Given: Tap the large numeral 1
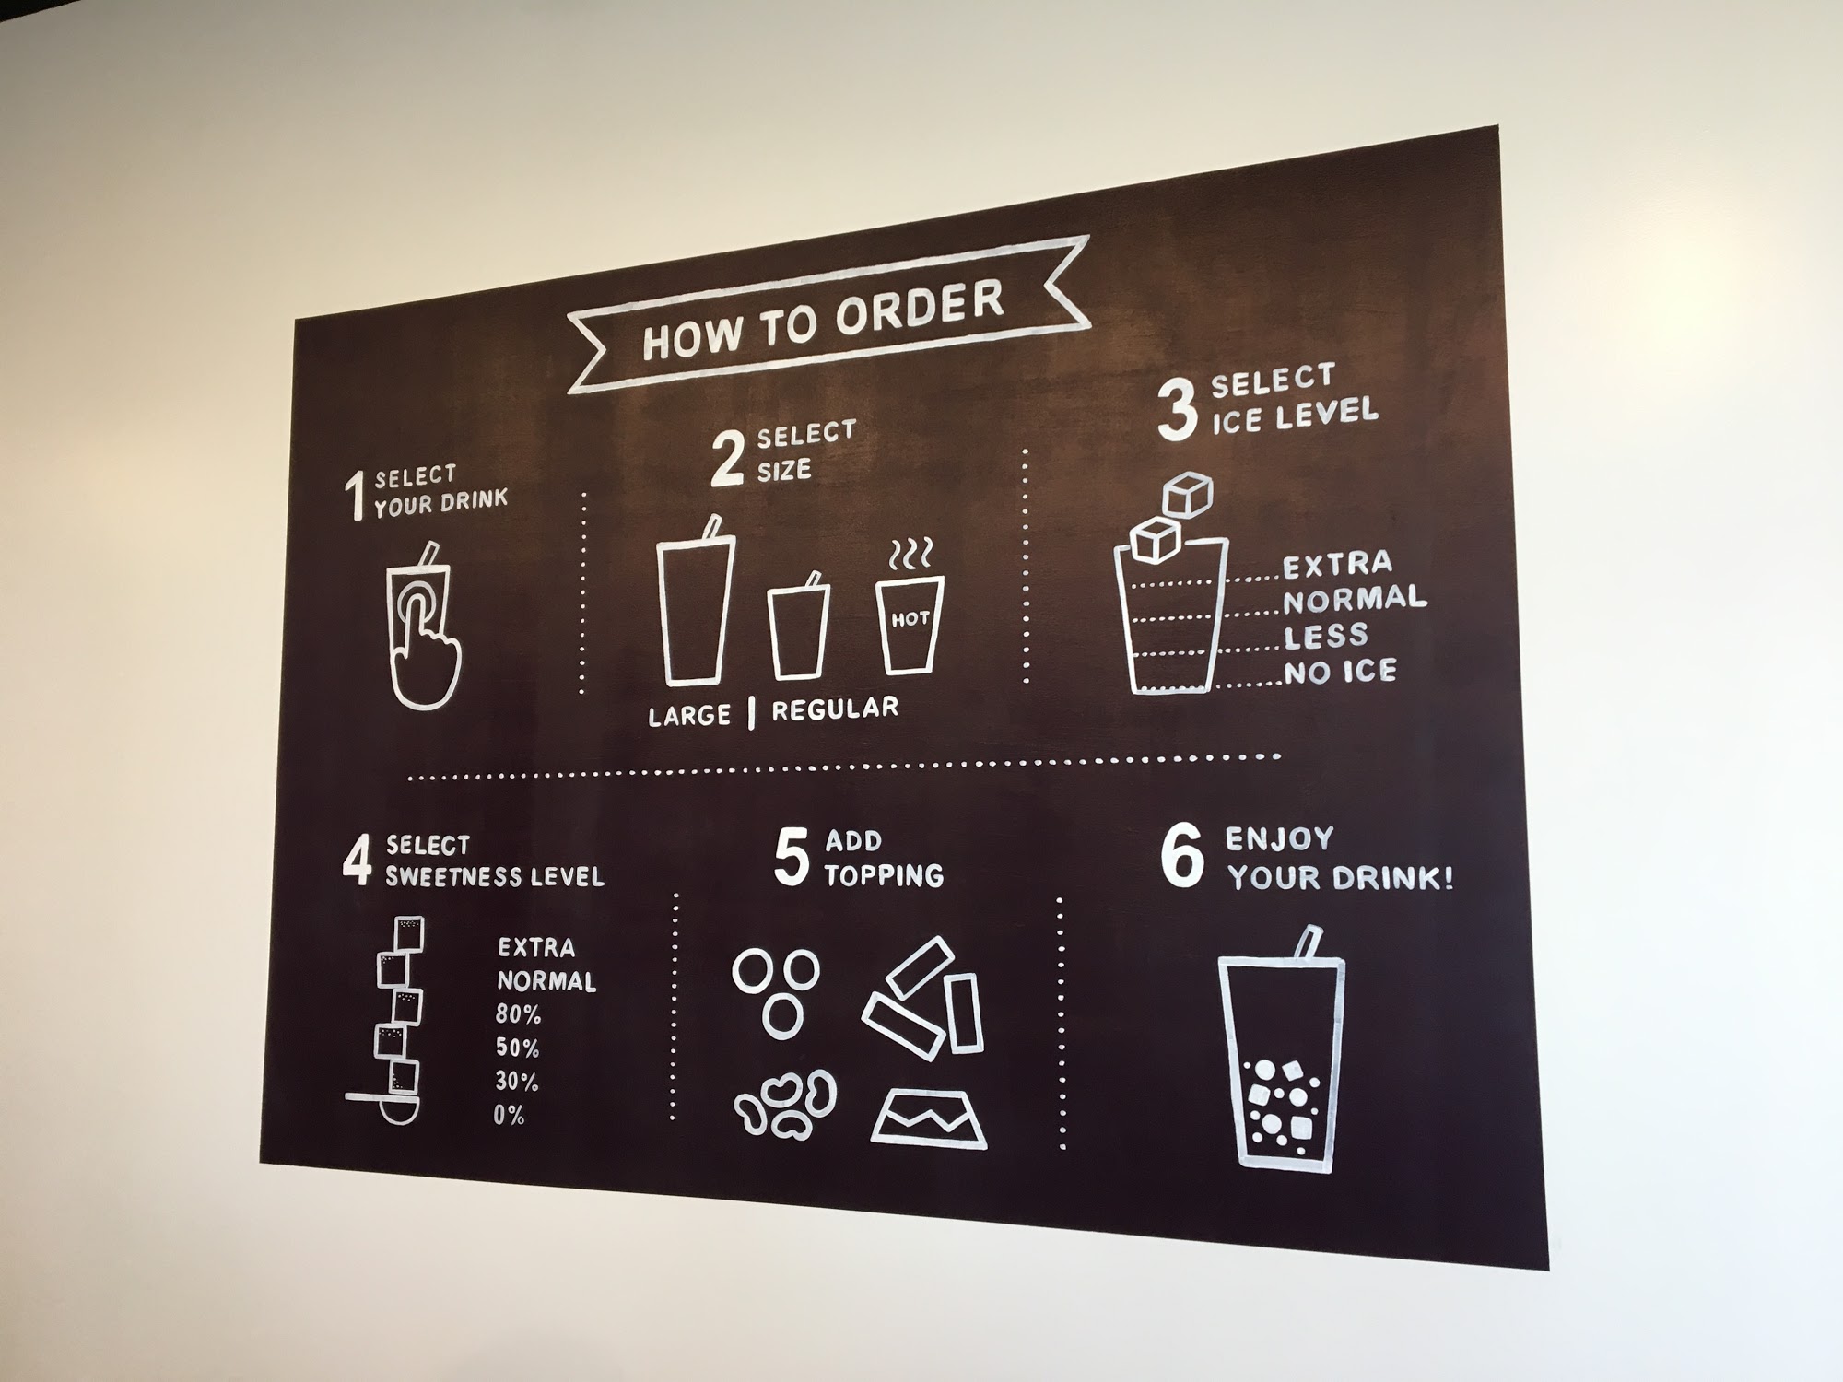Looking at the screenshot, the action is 355,497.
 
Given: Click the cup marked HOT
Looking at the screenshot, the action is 910,624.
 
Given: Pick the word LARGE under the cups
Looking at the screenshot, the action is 689,716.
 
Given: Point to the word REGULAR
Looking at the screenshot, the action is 835,709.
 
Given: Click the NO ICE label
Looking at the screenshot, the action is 1341,672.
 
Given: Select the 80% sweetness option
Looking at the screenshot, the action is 519,1015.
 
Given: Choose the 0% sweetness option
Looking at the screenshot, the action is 509,1116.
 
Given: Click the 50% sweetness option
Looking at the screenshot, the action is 518,1048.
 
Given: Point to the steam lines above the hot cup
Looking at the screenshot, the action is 911,554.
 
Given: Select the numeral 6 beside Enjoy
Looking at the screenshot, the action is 1182,858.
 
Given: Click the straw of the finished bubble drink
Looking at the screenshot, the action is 1306,943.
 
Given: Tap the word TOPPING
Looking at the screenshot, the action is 884,874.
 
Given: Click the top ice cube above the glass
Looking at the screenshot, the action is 1187,496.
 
